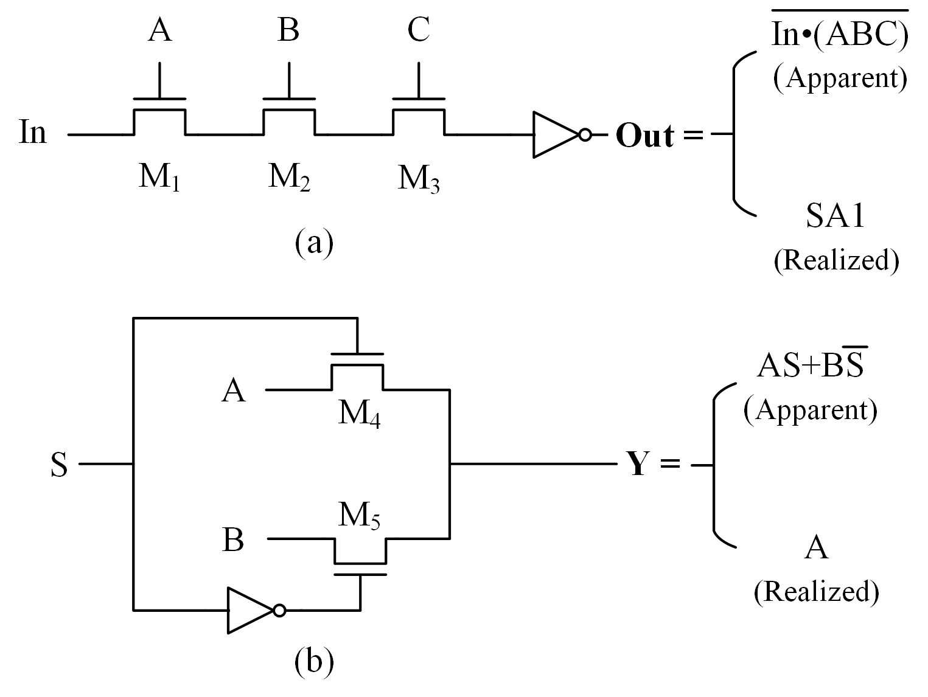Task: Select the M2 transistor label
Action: coord(289,178)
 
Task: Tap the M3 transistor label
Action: coord(419,179)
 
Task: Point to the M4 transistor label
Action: coord(360,415)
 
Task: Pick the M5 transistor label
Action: coord(360,517)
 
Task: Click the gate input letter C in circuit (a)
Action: coord(419,30)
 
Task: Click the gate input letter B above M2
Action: coord(288,30)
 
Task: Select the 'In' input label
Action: coord(32,132)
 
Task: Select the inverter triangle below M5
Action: coord(250,610)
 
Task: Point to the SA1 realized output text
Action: coord(835,216)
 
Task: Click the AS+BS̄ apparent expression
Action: coord(812,367)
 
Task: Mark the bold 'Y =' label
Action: coord(653,465)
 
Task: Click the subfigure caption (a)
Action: coord(314,243)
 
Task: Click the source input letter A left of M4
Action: coord(234,390)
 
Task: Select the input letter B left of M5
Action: coord(233,540)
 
